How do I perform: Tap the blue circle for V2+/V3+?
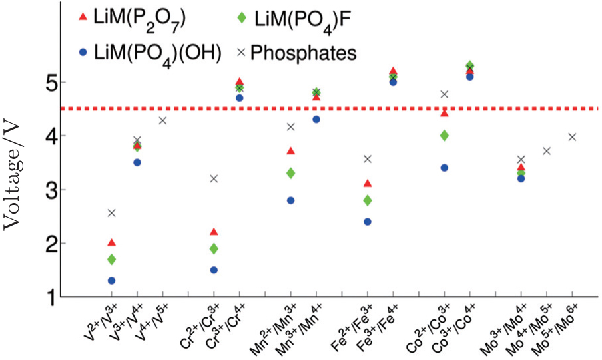pos(111,281)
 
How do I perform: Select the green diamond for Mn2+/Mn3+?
pos(290,173)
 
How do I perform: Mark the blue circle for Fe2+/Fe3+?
pos(367,222)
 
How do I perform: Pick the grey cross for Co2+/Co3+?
pos(444,94)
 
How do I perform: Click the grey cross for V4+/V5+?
pos(162,120)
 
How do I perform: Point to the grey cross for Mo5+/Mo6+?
pos(571,137)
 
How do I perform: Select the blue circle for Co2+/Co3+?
pos(444,168)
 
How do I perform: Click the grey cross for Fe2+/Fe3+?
pos(367,159)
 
